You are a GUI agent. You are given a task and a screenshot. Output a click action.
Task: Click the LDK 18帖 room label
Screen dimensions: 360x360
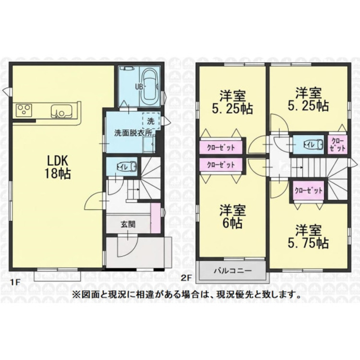tap(58, 167)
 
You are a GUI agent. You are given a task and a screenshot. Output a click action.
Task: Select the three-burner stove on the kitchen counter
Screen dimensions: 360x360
tap(24, 110)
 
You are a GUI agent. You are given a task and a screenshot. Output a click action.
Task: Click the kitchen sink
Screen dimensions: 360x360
tap(62, 111)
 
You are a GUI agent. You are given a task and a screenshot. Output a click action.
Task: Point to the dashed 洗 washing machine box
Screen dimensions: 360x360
tap(151, 121)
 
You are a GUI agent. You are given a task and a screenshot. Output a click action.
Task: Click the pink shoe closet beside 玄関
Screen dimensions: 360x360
tap(155, 218)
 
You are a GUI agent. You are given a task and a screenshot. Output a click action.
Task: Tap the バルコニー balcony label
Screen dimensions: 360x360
tap(233, 270)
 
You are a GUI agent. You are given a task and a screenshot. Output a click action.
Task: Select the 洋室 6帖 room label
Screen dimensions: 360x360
tap(233, 216)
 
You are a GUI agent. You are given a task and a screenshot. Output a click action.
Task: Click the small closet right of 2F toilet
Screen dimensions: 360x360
tap(337, 144)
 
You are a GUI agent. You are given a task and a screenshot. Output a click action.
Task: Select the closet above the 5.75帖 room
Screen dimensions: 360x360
tap(309, 191)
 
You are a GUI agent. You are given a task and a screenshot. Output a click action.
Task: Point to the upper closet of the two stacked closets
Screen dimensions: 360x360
tap(221, 147)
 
